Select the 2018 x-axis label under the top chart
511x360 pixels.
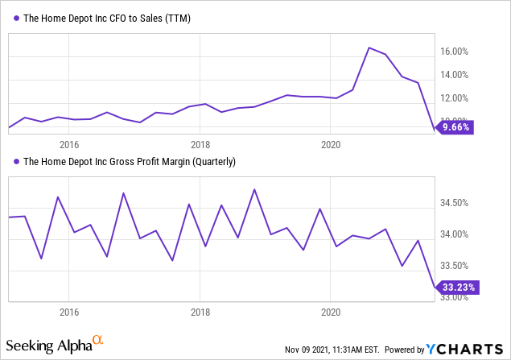pos(200,145)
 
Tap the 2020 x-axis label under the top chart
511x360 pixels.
pos(332,145)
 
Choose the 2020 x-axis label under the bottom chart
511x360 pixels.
pos(332,311)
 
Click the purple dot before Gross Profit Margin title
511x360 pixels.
pos(15,162)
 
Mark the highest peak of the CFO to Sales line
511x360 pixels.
pos(369,48)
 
